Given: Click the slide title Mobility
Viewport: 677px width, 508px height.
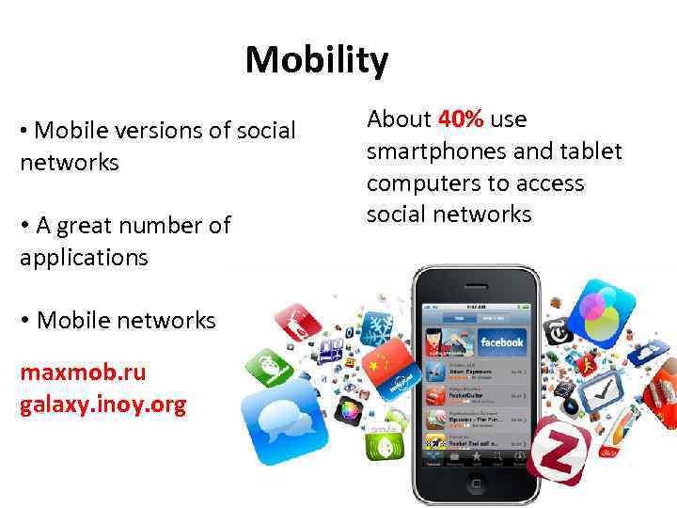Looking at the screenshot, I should click(316, 61).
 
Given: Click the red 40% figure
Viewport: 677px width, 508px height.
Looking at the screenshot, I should click(461, 119).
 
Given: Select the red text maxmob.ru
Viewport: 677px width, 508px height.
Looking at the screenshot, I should click(83, 373).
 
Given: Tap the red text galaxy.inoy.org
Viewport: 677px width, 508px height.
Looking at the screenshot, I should click(102, 405).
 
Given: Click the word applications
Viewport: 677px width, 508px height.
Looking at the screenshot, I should click(84, 258).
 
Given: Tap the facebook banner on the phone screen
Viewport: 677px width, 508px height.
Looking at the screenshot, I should click(502, 341).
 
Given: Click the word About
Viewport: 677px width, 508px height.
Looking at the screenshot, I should click(398, 119).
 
